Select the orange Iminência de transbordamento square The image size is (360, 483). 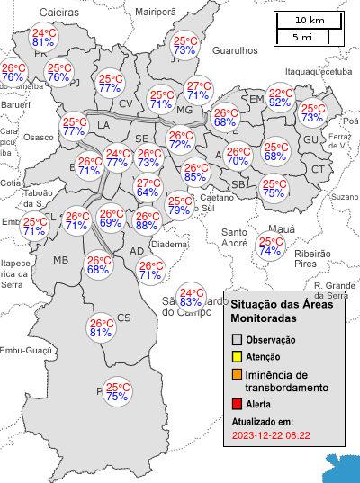[238, 375]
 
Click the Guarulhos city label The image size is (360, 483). [234, 52]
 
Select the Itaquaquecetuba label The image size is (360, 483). [318, 70]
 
